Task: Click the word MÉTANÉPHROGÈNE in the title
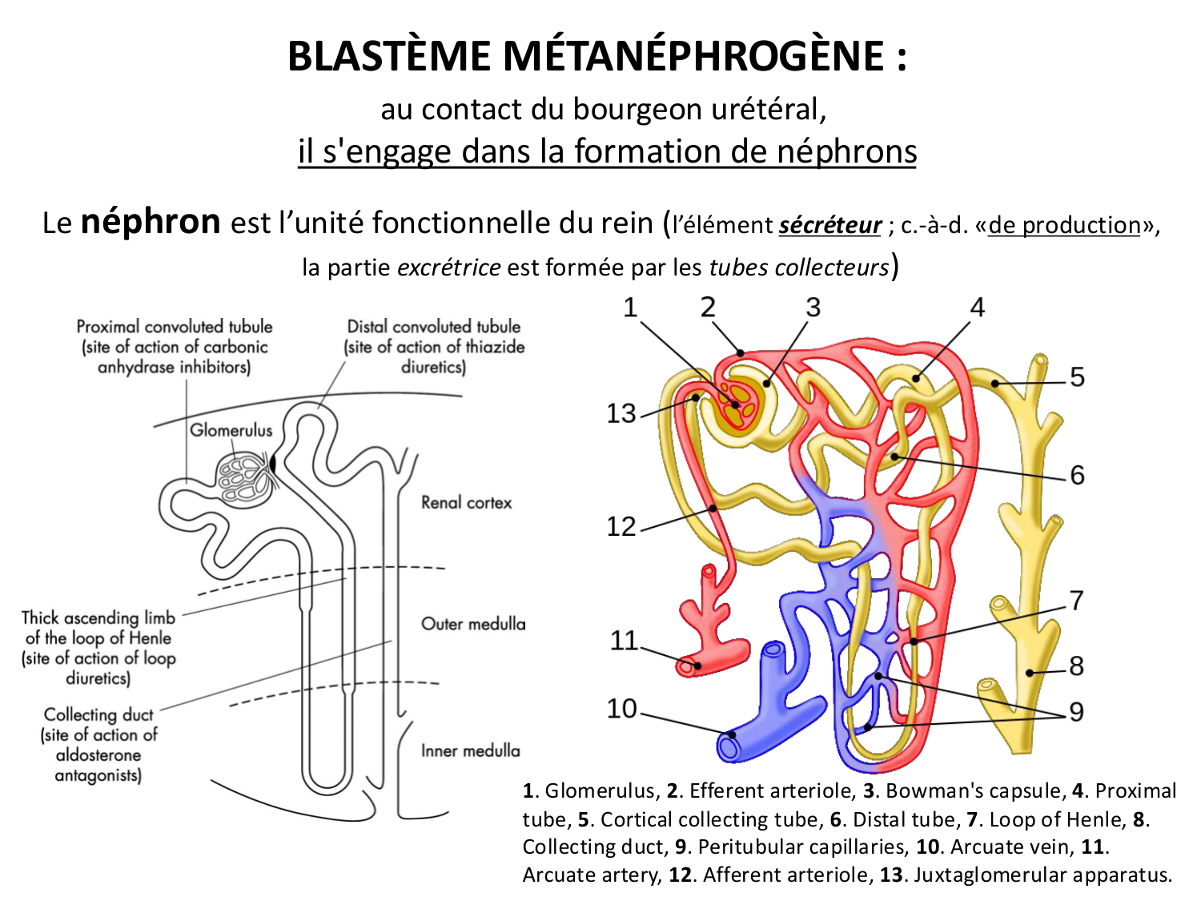click(693, 56)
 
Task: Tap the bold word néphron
click(151, 221)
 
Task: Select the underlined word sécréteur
click(830, 225)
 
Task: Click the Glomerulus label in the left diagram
click(231, 430)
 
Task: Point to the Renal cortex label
click(466, 503)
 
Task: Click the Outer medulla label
click(473, 624)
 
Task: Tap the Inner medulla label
click(470, 750)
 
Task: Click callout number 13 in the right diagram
click(621, 413)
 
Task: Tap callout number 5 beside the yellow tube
click(1077, 376)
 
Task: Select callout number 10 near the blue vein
click(621, 709)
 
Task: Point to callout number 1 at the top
click(630, 308)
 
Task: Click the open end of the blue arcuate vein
click(729, 746)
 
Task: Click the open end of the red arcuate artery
click(687, 665)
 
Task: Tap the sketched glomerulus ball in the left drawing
click(243, 477)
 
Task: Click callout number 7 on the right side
click(1076, 600)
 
